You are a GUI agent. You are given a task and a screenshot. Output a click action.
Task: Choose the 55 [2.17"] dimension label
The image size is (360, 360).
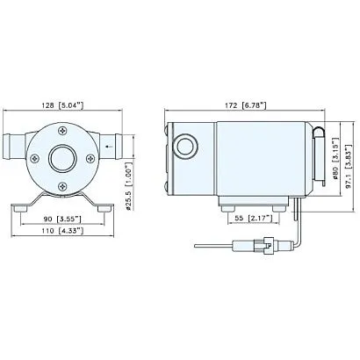coord(251,216)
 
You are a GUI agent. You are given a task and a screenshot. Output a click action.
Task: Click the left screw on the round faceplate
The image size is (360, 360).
coord(35,159)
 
